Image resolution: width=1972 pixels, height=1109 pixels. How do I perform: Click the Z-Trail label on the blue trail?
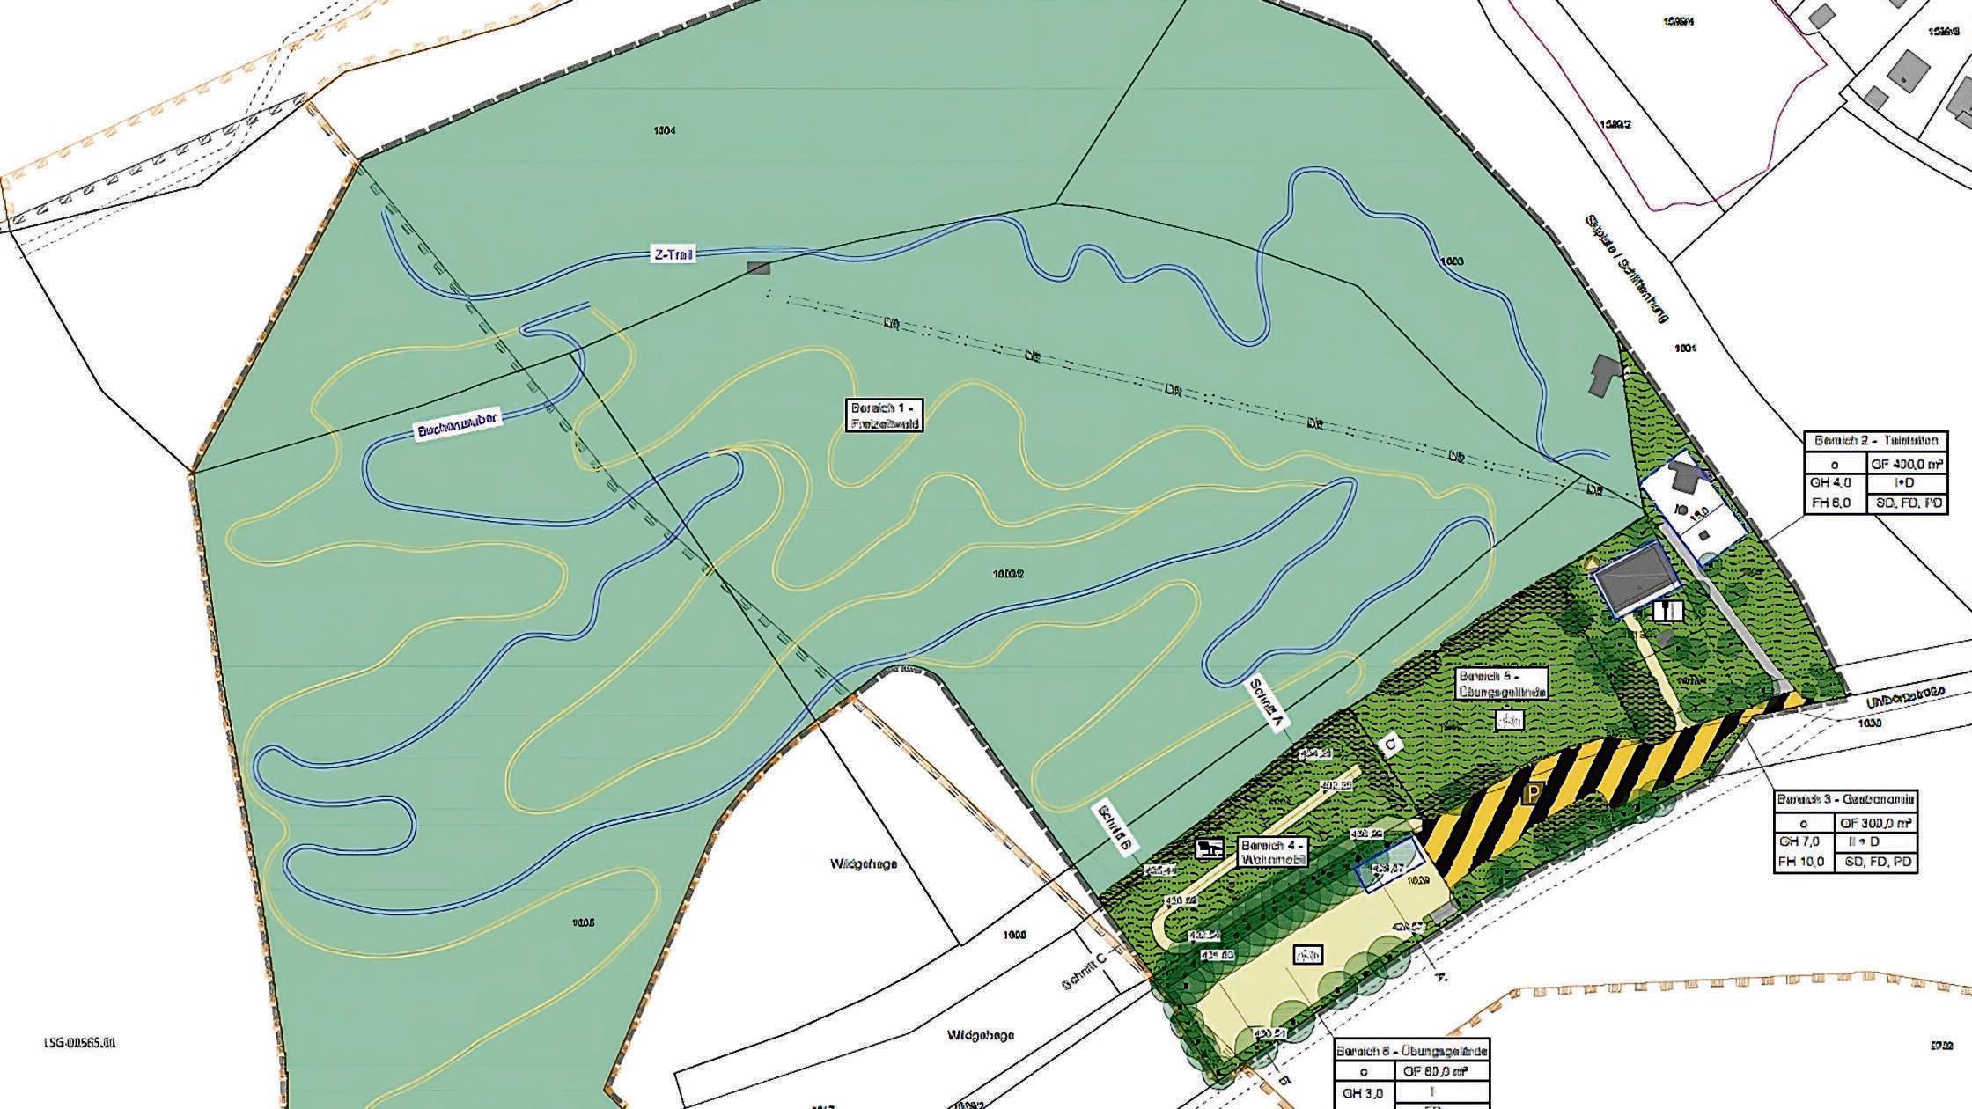(673, 255)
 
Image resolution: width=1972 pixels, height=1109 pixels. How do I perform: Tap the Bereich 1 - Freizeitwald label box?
(885, 415)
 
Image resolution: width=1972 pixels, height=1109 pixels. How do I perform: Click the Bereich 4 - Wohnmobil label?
(1273, 850)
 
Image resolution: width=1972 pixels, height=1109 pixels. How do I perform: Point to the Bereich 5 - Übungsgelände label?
(1502, 684)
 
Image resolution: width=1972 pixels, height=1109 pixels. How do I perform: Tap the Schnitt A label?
(1269, 703)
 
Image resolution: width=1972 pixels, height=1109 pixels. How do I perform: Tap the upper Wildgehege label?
(864, 864)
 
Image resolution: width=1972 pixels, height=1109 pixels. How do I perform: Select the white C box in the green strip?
(1390, 746)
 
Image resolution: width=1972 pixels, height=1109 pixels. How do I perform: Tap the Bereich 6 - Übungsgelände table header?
(1412, 1051)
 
